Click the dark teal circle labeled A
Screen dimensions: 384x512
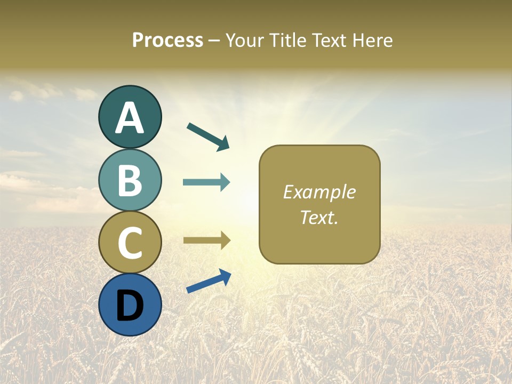coord(130,117)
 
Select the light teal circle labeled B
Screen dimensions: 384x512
coord(130,180)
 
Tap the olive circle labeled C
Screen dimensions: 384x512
coord(130,242)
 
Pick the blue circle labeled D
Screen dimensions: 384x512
coord(130,305)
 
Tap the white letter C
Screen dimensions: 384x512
coord(130,243)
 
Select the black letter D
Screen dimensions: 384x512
coord(130,306)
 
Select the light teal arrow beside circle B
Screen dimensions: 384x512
coord(206,182)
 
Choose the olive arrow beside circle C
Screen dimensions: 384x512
coord(206,240)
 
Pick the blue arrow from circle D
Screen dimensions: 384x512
coord(209,281)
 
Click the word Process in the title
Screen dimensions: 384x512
coord(167,40)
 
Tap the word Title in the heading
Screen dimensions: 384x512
coord(287,40)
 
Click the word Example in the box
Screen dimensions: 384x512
coord(319,192)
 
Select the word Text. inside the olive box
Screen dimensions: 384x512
coord(319,217)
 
